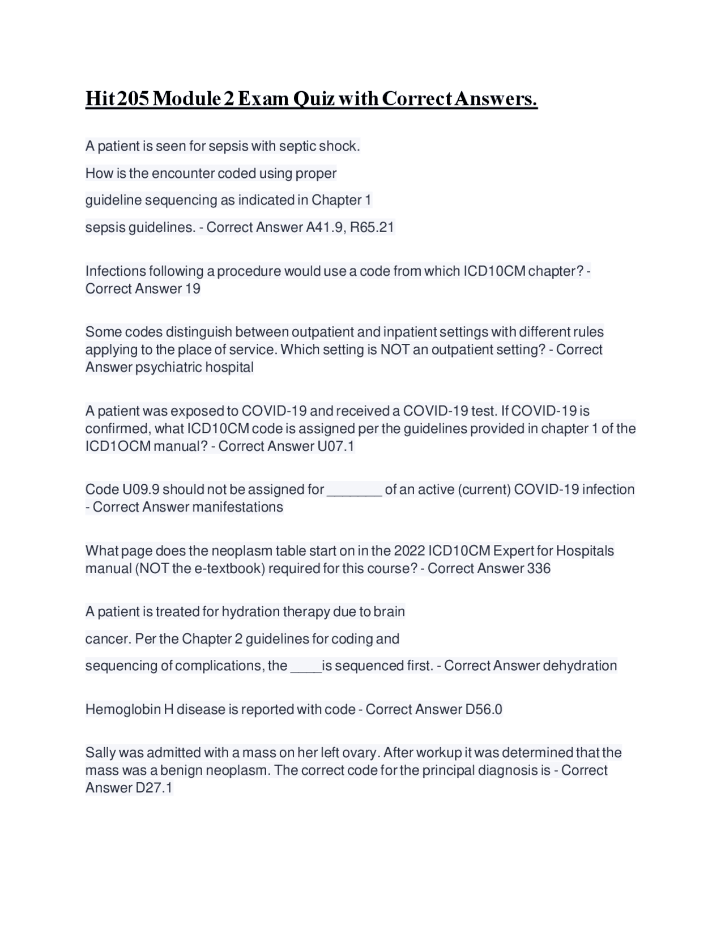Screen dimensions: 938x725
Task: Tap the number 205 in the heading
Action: click(x=135, y=99)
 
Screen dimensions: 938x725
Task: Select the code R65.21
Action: click(x=372, y=227)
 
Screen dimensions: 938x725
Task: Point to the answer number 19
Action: click(x=193, y=288)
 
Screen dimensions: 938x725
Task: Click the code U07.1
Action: click(x=336, y=446)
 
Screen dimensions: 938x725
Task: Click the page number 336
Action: click(x=539, y=568)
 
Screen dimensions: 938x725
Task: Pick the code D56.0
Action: click(x=484, y=709)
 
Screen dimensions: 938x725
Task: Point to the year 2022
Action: click(x=409, y=551)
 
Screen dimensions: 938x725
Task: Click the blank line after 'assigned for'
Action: click(x=355, y=491)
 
